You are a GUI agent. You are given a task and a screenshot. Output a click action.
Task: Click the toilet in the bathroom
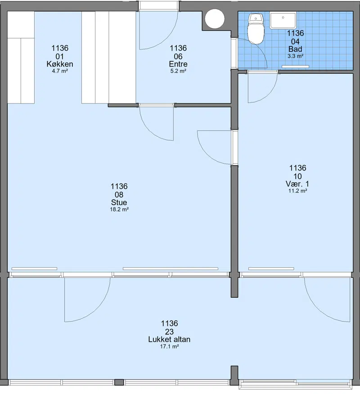256,29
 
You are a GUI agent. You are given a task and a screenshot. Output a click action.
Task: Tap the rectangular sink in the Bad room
283,21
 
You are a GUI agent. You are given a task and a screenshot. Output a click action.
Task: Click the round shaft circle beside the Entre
214,18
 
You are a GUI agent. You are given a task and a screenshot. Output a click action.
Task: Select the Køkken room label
60,64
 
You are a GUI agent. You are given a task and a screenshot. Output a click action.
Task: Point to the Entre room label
178,64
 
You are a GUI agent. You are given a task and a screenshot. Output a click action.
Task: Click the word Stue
119,202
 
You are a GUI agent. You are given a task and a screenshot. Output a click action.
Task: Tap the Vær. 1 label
297,184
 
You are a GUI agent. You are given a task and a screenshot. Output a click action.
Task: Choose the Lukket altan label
169,339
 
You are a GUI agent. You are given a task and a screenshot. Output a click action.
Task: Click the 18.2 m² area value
119,209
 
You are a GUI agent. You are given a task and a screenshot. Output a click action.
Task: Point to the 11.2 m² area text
297,191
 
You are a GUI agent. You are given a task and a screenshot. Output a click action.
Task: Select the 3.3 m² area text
295,56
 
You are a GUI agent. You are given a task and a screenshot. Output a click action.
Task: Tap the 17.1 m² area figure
170,346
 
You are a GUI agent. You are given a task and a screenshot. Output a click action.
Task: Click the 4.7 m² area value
60,71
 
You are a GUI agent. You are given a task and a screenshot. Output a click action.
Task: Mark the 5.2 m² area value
178,71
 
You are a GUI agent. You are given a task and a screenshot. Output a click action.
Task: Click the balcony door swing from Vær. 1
317,310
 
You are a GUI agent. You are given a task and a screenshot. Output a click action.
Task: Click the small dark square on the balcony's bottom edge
119,382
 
